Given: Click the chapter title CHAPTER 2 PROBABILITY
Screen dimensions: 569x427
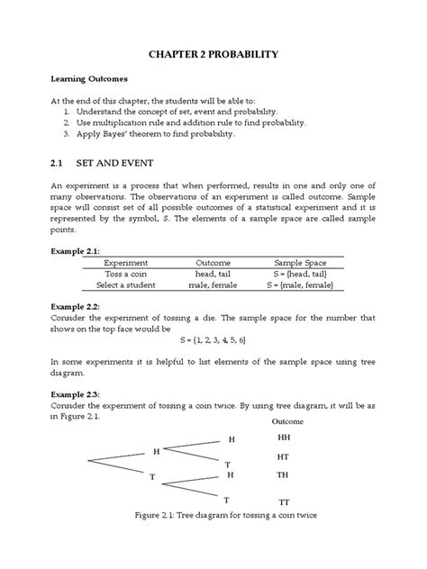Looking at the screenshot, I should (213, 54).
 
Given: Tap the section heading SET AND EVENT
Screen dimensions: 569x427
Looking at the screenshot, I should (123, 165).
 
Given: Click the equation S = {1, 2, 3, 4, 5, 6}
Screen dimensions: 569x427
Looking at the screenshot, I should (213, 341).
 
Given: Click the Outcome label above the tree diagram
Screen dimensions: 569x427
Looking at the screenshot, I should (286, 421).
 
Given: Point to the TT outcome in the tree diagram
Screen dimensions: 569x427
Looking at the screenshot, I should (284, 501).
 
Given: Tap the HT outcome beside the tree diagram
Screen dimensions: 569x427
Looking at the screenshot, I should (284, 456).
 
